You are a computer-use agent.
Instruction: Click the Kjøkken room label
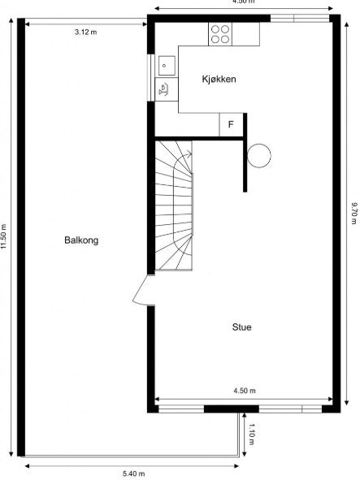219,79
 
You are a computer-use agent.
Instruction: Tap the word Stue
241,327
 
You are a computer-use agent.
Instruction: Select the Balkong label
81,240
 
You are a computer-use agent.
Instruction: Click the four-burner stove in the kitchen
220,33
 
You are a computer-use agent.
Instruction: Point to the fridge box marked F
231,125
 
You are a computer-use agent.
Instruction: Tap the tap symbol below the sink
164,88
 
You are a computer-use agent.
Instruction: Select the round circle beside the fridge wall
260,154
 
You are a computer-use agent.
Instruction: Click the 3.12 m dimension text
85,32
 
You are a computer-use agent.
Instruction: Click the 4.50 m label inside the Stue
244,391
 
